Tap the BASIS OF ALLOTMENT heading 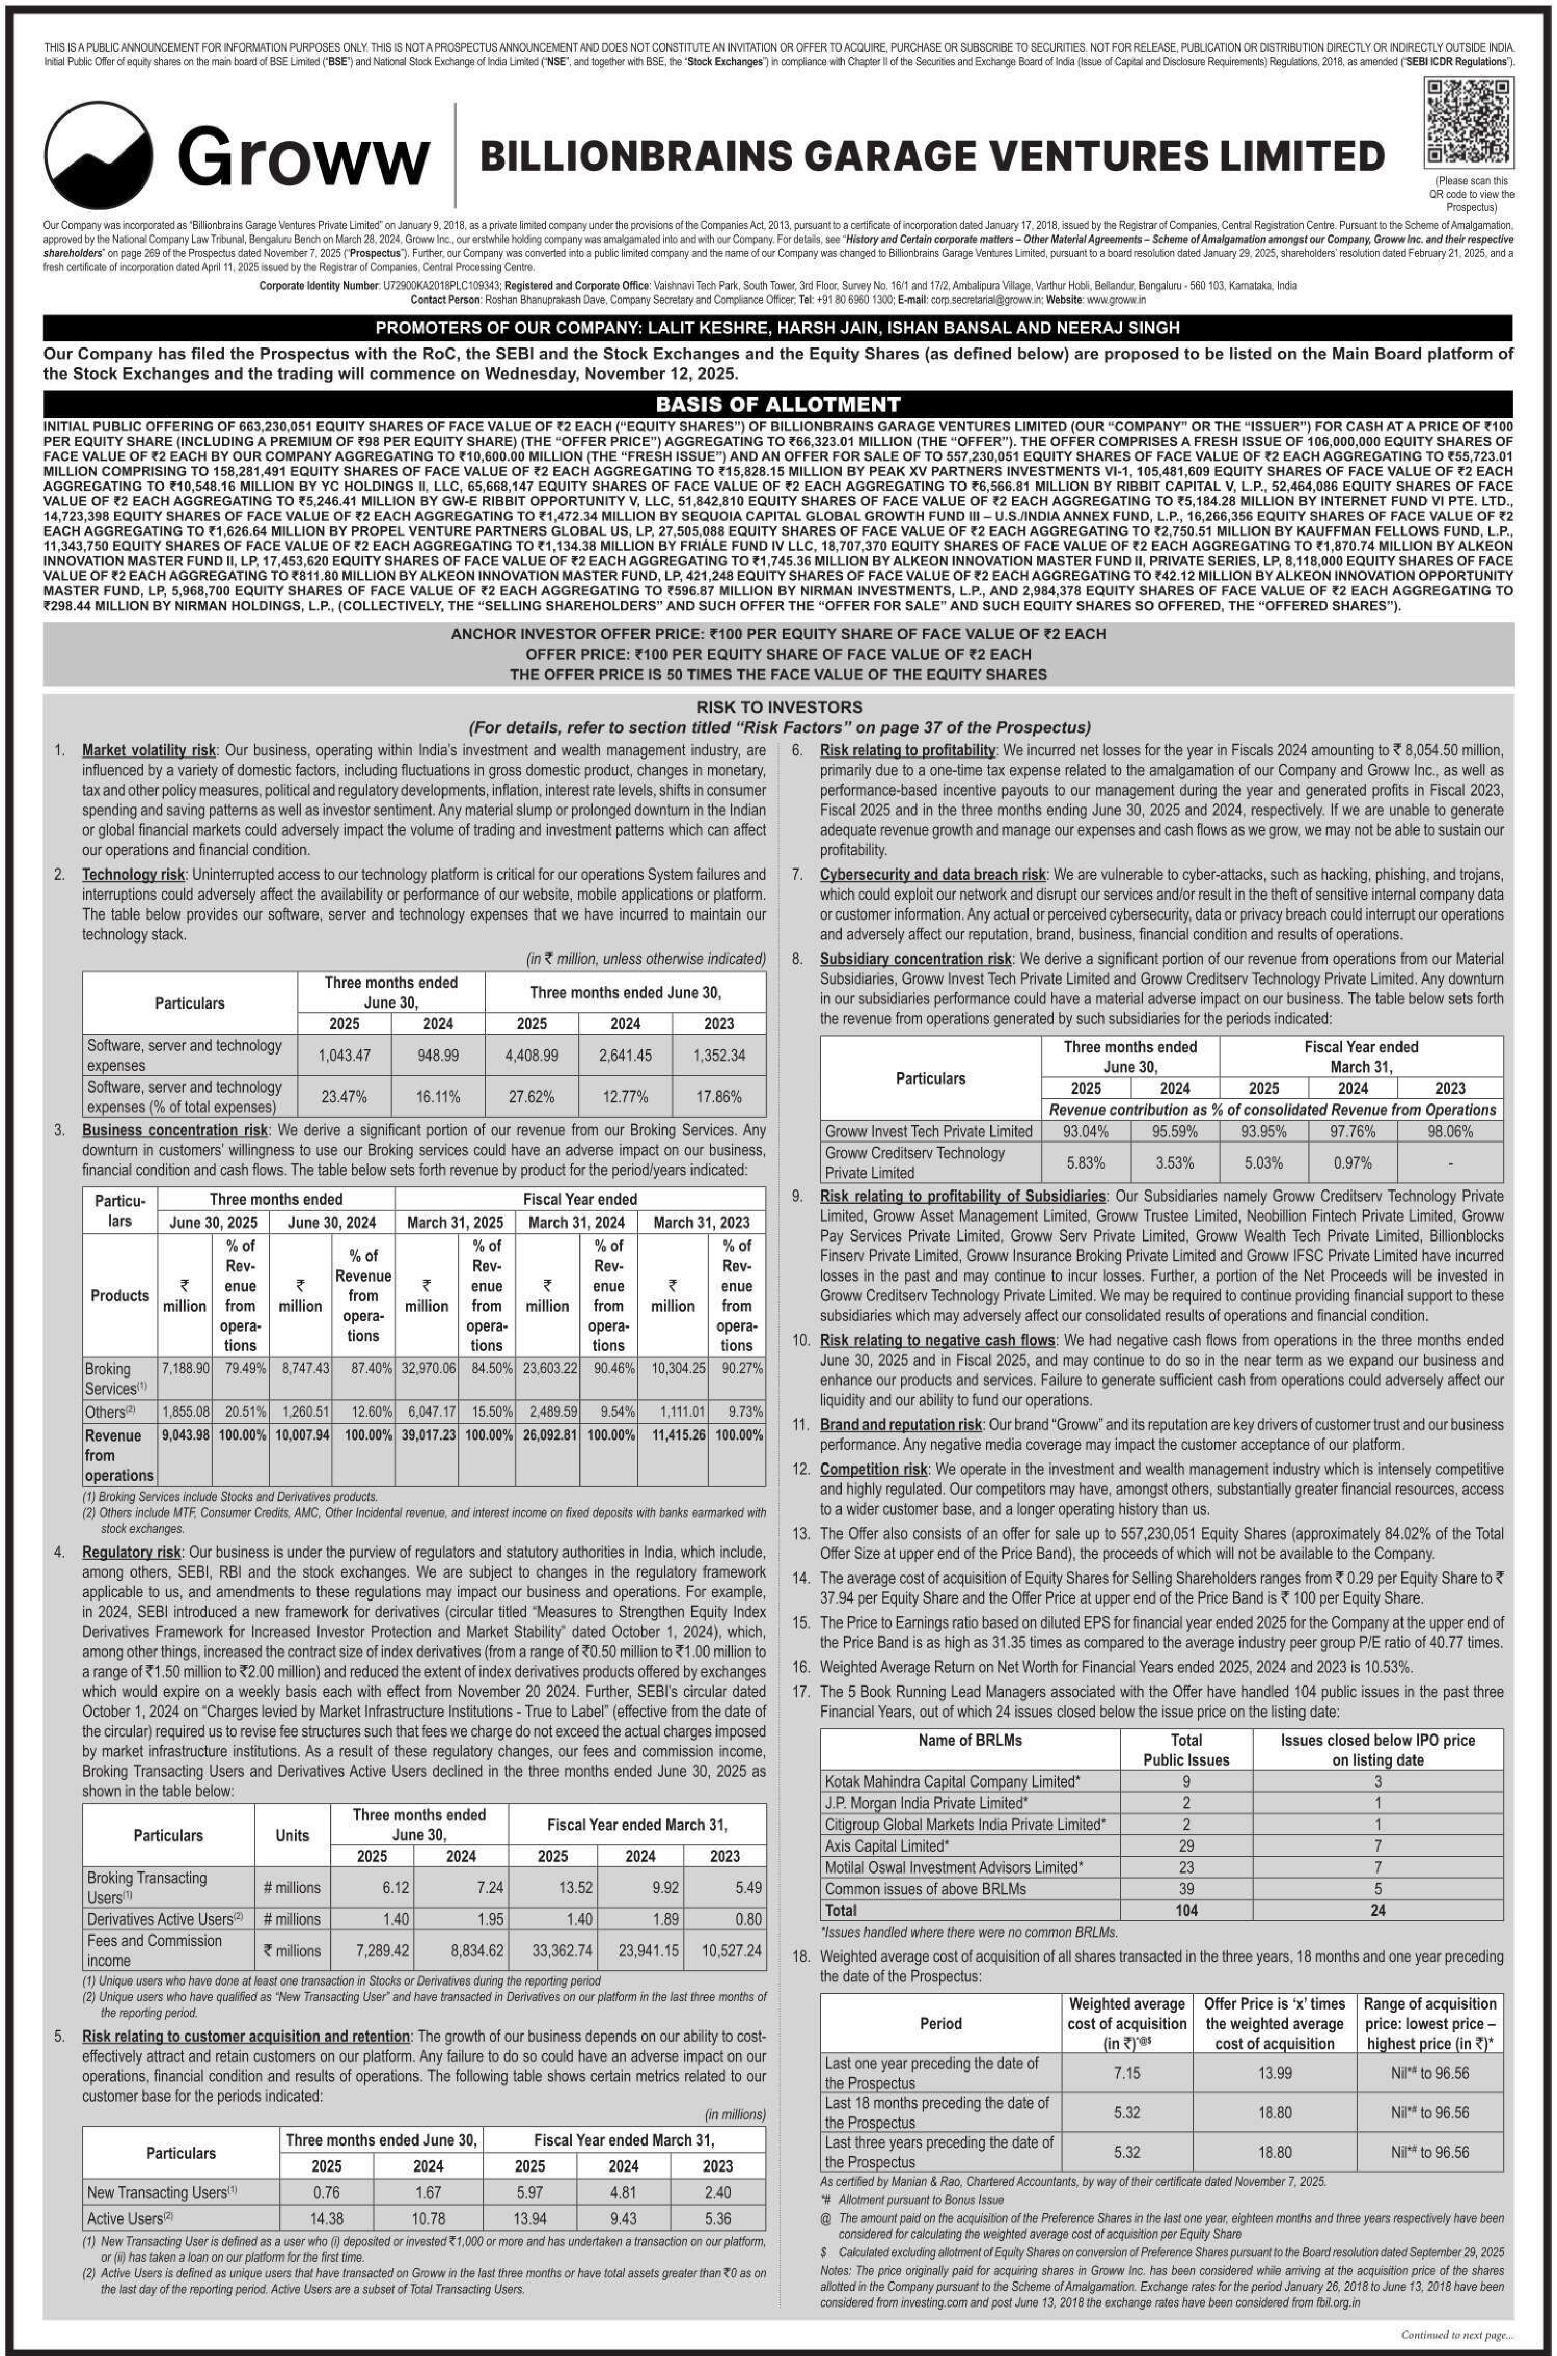[x=778, y=404]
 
